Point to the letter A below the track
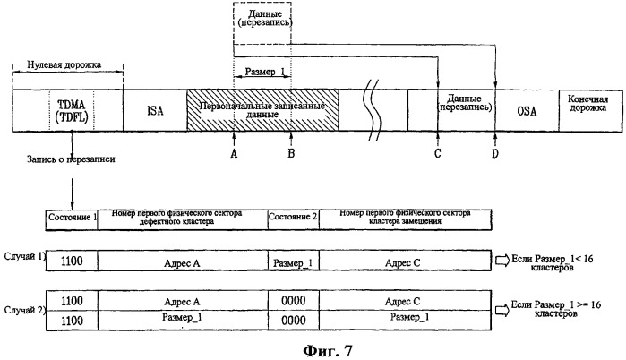(x=233, y=152)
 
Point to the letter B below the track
(x=291, y=152)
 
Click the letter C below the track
(x=437, y=153)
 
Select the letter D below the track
(x=496, y=153)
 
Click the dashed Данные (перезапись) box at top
(x=262, y=19)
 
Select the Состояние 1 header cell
(x=71, y=218)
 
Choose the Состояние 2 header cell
(x=293, y=218)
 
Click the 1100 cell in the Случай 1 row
(x=71, y=260)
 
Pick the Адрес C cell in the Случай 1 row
(x=404, y=260)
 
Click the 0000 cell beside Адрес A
(x=293, y=302)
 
